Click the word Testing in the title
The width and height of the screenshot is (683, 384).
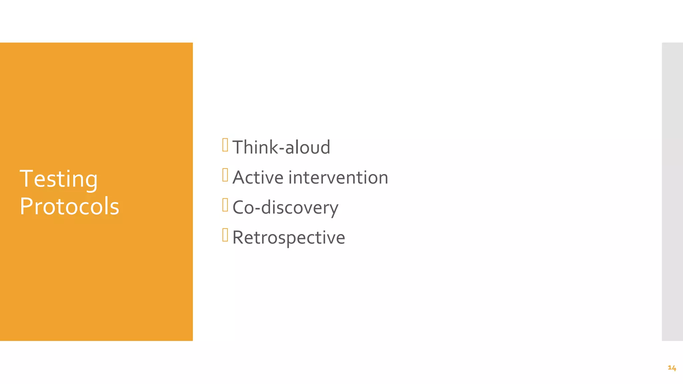59,179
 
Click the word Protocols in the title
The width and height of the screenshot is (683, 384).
69,207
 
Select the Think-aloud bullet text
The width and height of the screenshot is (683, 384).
281,147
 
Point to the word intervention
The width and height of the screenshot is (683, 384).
338,177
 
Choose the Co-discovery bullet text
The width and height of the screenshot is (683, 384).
285,208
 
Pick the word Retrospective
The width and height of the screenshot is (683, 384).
288,238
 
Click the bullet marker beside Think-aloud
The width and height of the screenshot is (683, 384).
225,145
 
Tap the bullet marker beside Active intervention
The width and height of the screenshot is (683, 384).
225,175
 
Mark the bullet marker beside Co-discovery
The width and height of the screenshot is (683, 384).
225,205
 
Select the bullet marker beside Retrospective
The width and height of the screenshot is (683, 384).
225,235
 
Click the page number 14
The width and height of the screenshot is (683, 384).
672,368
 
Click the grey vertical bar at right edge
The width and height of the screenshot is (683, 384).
672,192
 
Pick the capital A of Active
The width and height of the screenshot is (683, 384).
240,177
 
